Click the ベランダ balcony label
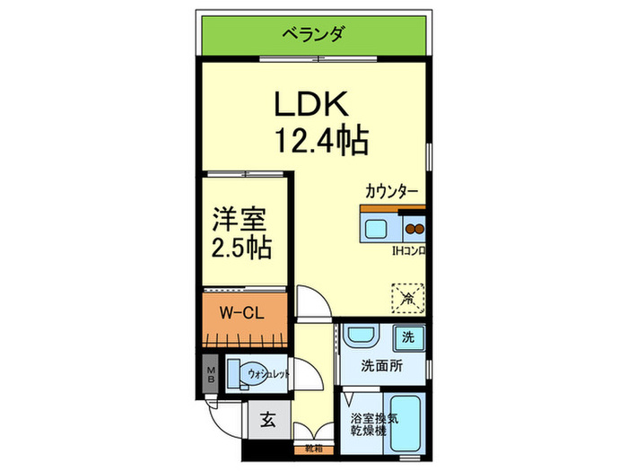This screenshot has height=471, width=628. (x=313, y=36)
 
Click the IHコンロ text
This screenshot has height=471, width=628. (x=406, y=251)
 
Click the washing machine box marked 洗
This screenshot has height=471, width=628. (x=408, y=339)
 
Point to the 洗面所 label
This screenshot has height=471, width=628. (x=381, y=366)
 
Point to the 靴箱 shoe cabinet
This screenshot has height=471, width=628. (x=312, y=446)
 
